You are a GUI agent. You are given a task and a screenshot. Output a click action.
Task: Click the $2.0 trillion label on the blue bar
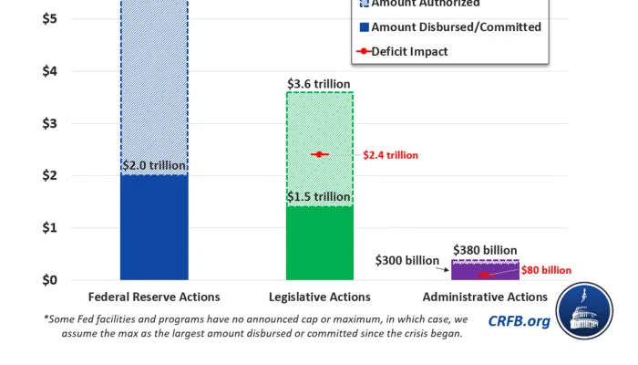tap(154, 166)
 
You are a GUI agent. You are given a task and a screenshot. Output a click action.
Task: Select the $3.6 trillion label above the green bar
tap(320, 84)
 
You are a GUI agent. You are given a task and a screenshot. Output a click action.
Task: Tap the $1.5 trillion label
tap(320, 197)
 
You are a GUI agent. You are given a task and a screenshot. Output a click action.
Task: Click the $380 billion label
tap(485, 250)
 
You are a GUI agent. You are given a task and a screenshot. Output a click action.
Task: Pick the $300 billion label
tap(406, 260)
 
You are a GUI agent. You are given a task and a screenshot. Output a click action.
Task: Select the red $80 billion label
tap(546, 270)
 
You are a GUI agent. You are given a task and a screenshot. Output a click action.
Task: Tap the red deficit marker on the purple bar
tap(485, 274)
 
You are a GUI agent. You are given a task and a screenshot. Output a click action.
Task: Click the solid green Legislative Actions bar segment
tap(320, 243)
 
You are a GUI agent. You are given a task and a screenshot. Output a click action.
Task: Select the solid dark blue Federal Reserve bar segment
tap(154, 228)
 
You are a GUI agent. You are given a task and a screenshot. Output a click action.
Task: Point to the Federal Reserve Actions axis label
tap(154, 297)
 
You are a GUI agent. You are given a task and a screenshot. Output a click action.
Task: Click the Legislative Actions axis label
tap(320, 297)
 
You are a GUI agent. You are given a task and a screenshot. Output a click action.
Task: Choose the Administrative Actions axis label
tap(485, 297)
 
